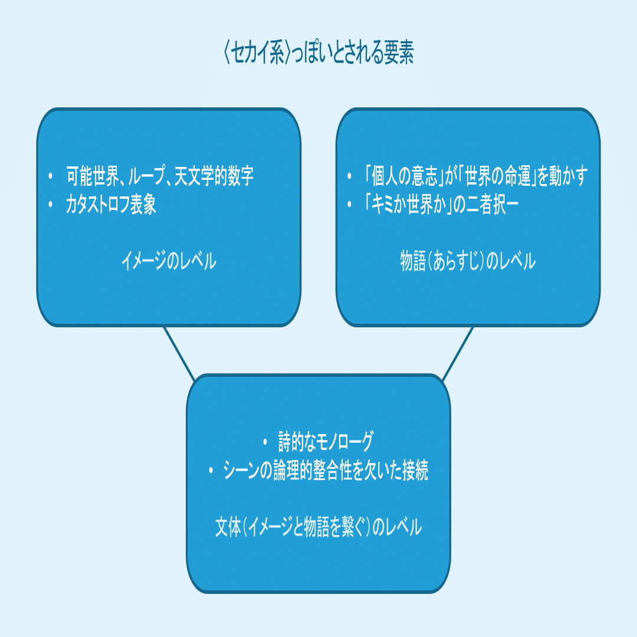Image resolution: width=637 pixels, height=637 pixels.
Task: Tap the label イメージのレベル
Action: point(168,261)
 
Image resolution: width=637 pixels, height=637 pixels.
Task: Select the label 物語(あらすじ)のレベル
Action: point(468,261)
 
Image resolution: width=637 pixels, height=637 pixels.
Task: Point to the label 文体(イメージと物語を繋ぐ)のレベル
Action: point(318,527)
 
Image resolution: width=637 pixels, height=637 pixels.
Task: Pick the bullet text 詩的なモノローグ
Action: point(326,442)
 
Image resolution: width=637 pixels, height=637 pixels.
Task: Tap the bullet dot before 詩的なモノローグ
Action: point(265,442)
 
